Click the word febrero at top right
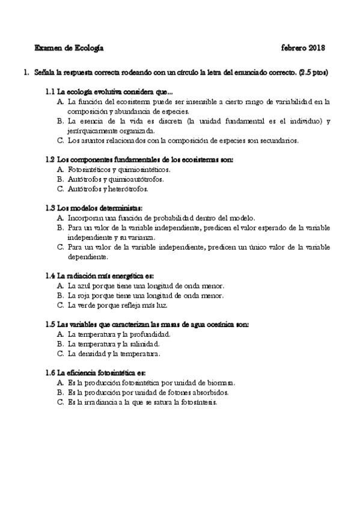(291, 47)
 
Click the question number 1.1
(50, 93)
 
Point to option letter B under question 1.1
(61, 121)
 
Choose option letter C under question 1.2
(61, 188)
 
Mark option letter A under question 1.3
(61, 218)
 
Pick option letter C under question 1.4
(61, 305)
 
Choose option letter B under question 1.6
(61, 392)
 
